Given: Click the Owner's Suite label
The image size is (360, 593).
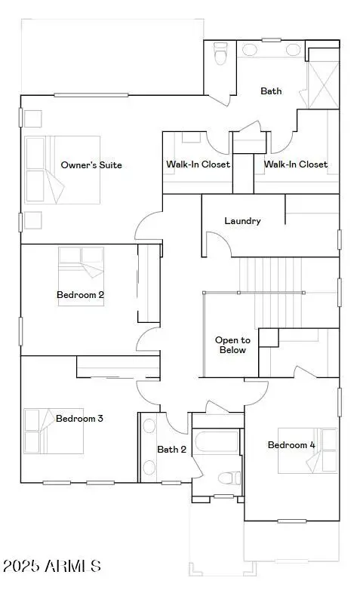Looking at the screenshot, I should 91,164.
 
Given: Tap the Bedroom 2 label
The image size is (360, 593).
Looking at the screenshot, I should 80,294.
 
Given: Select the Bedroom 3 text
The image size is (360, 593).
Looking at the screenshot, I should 79,418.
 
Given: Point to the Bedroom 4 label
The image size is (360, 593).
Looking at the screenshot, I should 291,444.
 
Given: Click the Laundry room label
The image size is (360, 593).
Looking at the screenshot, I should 242,221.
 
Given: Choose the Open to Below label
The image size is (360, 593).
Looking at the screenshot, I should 232,345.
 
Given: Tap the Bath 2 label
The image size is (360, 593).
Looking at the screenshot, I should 171,450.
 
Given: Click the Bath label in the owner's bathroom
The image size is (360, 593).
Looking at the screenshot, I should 271,91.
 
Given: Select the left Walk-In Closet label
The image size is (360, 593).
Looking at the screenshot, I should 198,164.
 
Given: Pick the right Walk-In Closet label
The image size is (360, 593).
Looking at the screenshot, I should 295,164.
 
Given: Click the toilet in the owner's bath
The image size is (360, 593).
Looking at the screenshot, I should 220,54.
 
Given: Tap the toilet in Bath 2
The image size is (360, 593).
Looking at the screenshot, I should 228,478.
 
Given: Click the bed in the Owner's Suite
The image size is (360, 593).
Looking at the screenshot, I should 60,170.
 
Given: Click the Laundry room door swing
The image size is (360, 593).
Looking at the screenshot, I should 217,244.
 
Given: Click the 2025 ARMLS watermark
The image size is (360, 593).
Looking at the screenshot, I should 51,566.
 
